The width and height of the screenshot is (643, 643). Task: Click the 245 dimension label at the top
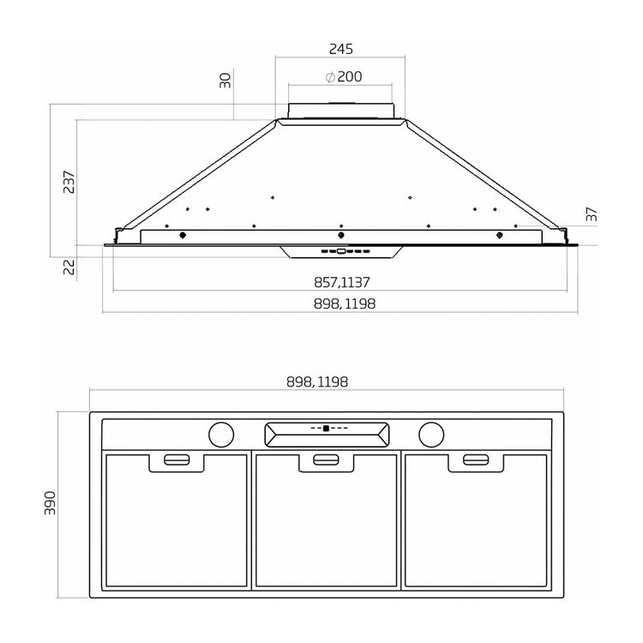point(340,49)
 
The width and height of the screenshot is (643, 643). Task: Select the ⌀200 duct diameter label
point(344,76)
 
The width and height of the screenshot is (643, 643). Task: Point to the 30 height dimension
point(225,81)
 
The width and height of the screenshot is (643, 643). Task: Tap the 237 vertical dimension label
point(69,182)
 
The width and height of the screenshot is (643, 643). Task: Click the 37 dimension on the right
point(592,214)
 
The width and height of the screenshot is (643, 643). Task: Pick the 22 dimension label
point(69,267)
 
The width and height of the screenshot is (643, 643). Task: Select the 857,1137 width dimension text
point(341,283)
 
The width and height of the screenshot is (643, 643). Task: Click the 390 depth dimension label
point(50,502)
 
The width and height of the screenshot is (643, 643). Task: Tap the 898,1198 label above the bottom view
point(317,382)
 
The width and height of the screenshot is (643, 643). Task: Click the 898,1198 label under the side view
point(345,303)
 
